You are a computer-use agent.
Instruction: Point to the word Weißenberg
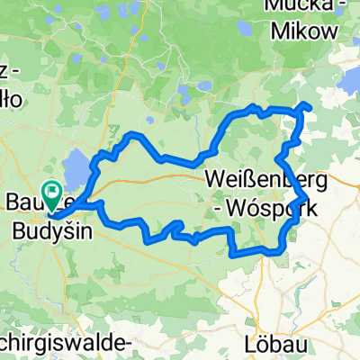(x=262, y=176)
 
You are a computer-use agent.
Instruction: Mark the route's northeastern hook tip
(x=309, y=106)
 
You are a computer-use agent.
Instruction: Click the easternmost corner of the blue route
(x=307, y=198)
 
